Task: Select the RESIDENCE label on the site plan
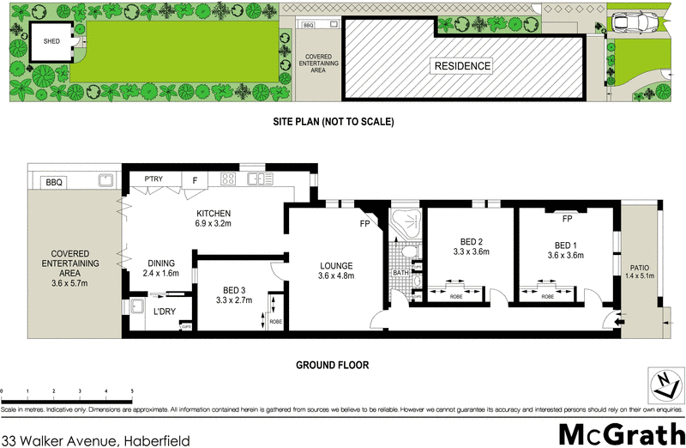(x=461, y=66)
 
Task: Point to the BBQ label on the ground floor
(x=55, y=182)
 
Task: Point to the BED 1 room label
(x=565, y=249)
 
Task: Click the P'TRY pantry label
(x=155, y=179)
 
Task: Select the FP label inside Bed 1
(x=567, y=219)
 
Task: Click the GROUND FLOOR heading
(x=333, y=365)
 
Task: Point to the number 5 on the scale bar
(x=132, y=391)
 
